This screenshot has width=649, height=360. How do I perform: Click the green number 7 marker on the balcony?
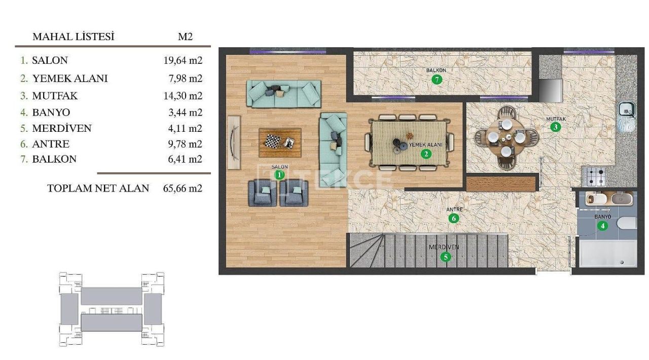[437, 80]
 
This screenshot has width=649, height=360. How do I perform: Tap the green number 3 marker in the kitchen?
[556, 127]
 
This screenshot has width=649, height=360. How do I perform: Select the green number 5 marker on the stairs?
[446, 257]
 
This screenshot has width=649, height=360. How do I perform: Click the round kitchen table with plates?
[499, 137]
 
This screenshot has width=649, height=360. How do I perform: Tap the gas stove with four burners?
[596, 176]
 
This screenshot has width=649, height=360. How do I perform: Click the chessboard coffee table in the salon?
[280, 142]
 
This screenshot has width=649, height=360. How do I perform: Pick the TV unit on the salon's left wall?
[234, 142]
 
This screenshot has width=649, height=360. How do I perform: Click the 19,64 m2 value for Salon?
[183, 60]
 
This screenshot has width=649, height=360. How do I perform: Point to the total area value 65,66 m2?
[183, 188]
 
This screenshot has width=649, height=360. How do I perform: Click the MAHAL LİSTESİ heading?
[74, 37]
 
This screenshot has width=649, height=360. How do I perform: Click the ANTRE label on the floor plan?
[454, 209]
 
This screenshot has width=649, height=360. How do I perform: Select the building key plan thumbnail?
[111, 309]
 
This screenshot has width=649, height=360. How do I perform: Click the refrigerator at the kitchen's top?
[550, 90]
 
